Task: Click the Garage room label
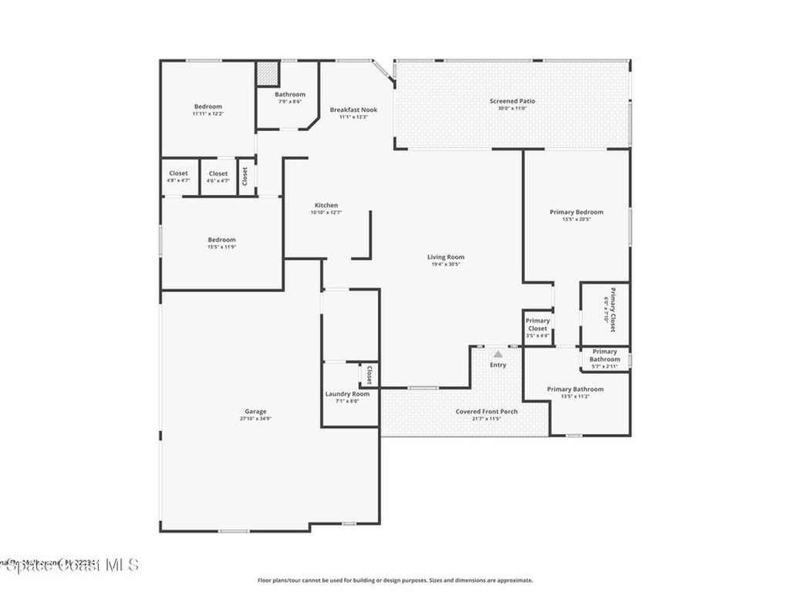256,412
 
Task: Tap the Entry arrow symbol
498,354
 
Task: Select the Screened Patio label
512,101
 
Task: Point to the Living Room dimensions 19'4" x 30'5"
446,264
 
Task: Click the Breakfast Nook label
353,109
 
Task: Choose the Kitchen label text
326,205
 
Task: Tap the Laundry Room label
347,394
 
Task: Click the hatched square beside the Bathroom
266,74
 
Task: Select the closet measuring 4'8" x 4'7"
178,177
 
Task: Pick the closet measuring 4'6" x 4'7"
218,177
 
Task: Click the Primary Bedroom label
576,212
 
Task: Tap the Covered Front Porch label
486,412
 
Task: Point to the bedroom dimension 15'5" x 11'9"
221,247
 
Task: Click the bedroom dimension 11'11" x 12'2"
208,113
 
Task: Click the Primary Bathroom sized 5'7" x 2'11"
605,358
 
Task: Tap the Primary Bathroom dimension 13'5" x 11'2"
575,396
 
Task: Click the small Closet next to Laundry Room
369,375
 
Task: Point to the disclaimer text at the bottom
394,580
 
